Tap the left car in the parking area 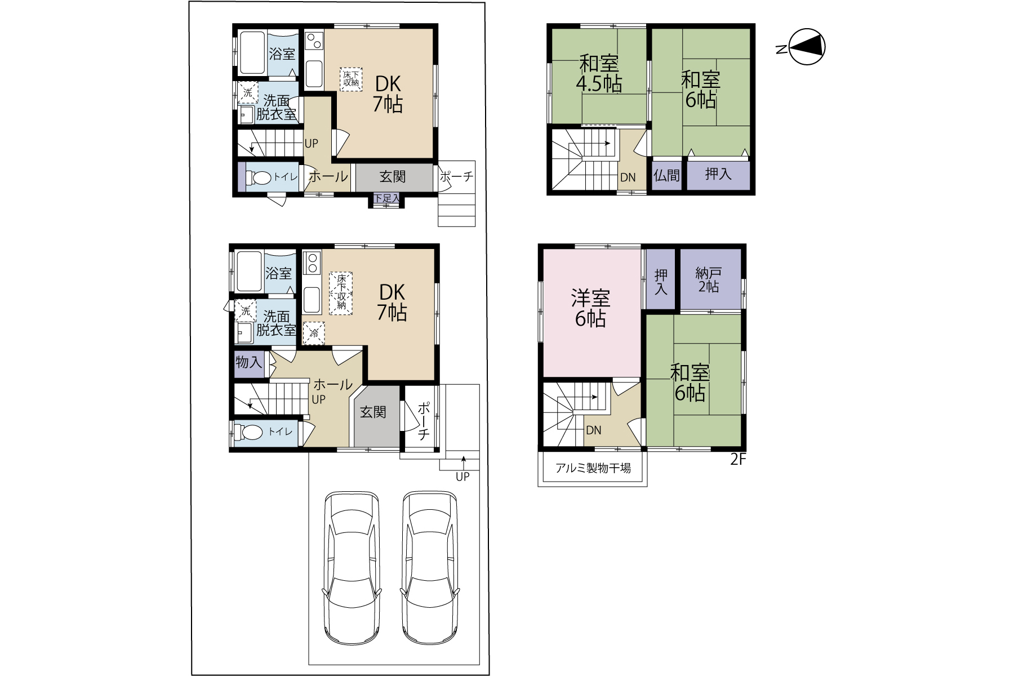(352, 568)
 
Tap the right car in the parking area (430, 568)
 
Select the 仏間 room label (666, 176)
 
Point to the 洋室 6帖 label (590, 308)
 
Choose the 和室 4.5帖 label (599, 73)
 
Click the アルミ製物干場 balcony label (593, 468)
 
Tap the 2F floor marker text (738, 460)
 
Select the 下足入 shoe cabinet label (386, 198)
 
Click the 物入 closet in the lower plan (248, 362)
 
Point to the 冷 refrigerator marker (314, 333)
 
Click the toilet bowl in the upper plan (259, 177)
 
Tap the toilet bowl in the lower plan (248, 432)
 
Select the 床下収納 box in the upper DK (350, 79)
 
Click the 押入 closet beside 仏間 (718, 175)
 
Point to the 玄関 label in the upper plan (392, 177)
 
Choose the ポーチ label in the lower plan (424, 421)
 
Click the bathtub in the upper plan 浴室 (252, 53)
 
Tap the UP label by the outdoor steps (462, 477)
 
